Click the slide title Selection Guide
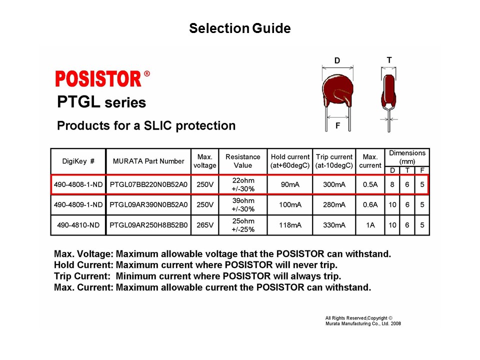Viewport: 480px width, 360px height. click(239, 28)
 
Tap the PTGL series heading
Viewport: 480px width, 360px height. click(101, 103)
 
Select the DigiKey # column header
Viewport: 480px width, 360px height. click(78, 161)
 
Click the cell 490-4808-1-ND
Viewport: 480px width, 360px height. click(78, 184)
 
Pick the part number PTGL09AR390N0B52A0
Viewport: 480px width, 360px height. click(148, 204)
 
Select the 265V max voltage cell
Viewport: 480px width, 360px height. click(204, 225)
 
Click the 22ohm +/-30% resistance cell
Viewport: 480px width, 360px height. click(242, 184)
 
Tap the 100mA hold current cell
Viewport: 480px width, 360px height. click(290, 204)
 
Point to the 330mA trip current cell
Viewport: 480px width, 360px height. click(334, 225)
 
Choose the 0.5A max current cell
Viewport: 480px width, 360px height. click(370, 184)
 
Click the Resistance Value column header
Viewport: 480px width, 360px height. click(242, 161)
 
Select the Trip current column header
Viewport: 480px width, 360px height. click(334, 161)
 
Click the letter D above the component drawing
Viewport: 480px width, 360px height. click(337, 61)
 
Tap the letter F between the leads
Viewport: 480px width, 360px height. click(337, 126)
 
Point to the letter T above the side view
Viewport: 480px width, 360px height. click(389, 60)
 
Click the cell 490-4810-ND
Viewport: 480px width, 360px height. click(78, 225)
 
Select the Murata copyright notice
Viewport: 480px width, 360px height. click(362, 320)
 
